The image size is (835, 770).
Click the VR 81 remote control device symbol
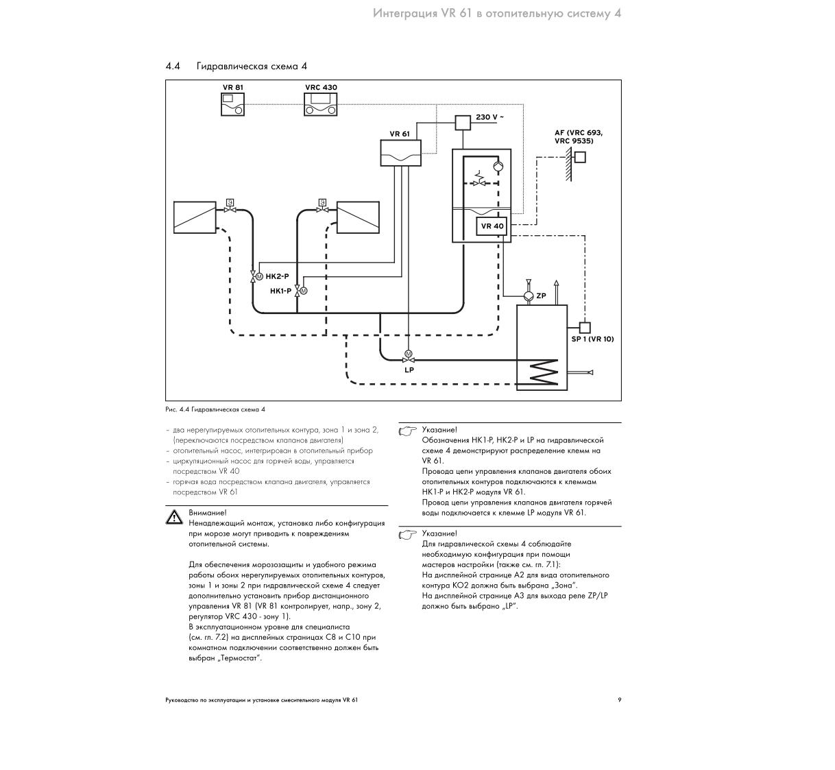point(232,104)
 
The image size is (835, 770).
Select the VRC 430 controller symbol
point(320,104)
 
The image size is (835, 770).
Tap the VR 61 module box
point(400,153)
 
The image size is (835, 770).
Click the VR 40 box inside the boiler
point(492,226)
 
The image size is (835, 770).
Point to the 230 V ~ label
point(489,117)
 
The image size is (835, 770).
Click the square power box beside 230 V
point(463,123)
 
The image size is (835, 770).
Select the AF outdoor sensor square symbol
point(580,157)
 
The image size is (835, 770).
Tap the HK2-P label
point(277,276)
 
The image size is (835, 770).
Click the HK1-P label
point(280,291)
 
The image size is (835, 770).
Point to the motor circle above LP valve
point(408,354)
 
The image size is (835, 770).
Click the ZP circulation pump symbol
point(528,296)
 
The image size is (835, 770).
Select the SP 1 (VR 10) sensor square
point(585,328)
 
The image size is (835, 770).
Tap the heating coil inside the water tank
point(544,372)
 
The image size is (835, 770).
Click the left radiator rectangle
point(195,217)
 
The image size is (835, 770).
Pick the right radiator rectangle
point(358,217)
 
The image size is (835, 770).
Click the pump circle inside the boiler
point(498,166)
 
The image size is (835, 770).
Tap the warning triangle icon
point(174,517)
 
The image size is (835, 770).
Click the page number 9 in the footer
point(619,699)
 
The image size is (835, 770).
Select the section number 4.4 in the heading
point(173,66)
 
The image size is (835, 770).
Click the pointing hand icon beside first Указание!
point(407,431)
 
